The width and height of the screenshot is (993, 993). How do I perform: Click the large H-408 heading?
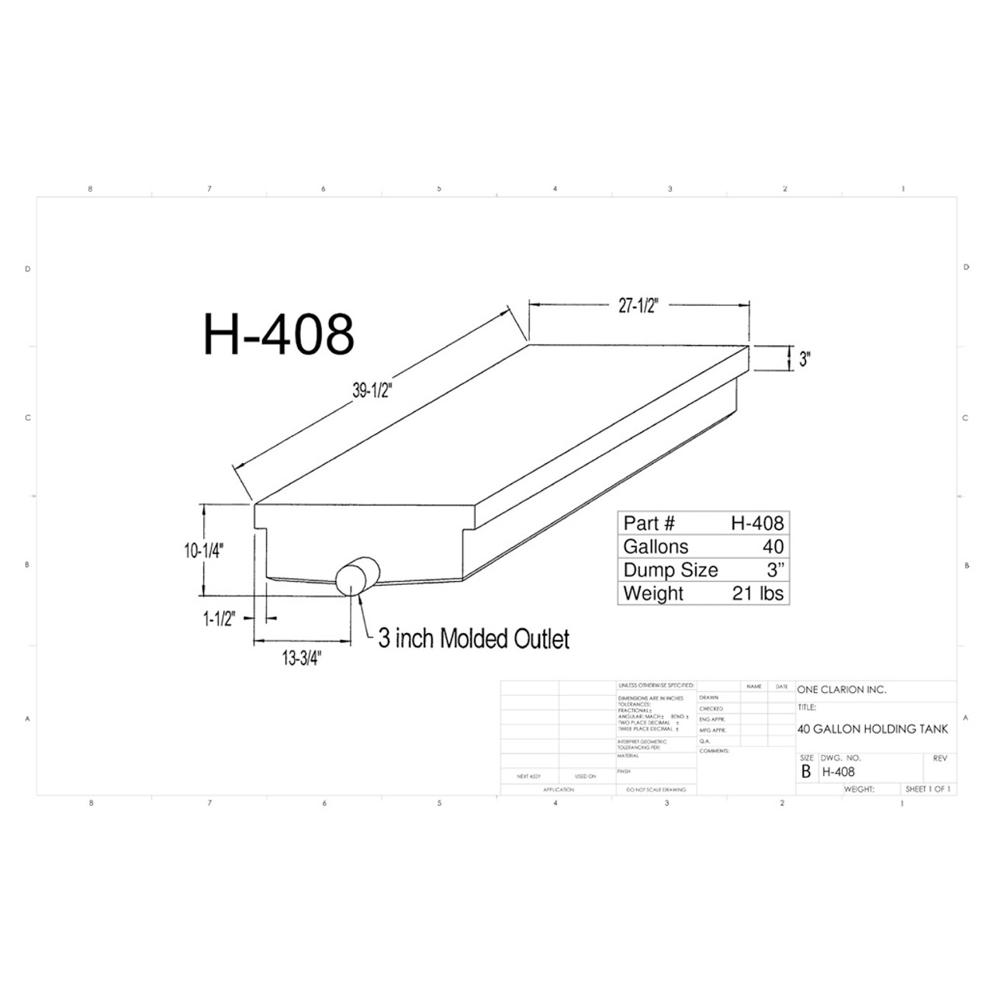tap(279, 334)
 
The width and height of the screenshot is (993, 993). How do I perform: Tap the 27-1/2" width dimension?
tap(638, 306)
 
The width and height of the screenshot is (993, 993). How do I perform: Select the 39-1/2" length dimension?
tap(374, 392)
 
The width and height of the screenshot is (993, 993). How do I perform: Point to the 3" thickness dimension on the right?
tap(804, 360)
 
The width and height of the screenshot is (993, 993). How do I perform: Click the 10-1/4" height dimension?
tap(204, 551)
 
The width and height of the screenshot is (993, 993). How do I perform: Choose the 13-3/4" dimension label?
tap(301, 659)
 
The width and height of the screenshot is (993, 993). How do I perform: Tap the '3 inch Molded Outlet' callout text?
tap(473, 638)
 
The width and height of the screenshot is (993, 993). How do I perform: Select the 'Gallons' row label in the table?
tap(656, 546)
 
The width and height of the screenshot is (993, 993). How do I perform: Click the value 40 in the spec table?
tap(773, 546)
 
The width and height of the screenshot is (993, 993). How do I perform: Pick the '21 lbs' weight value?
tap(758, 593)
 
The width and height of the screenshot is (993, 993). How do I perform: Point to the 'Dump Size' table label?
tap(670, 570)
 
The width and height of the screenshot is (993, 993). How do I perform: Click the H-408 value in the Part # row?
tap(757, 523)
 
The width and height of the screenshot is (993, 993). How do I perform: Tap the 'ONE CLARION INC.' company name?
tap(842, 690)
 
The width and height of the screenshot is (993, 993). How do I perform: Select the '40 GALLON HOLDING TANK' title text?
tap(873, 729)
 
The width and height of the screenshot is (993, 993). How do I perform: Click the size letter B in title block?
tap(806, 772)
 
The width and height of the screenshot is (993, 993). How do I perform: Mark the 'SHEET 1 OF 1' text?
tap(927, 789)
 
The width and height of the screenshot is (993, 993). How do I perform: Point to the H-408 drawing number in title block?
tap(839, 772)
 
